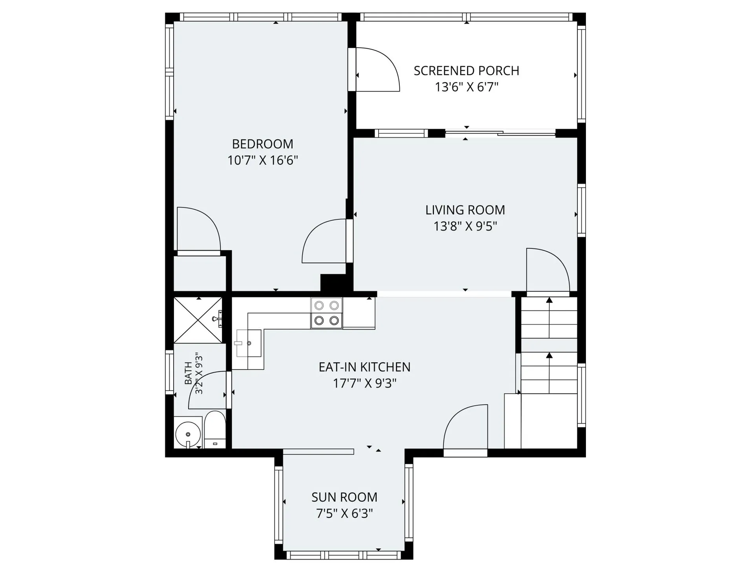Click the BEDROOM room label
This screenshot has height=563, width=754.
pos(262,144)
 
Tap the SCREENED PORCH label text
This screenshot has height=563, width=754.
pos(466,71)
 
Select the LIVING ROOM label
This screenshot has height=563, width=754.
pos(465,210)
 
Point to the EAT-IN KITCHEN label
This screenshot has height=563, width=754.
pos(364,367)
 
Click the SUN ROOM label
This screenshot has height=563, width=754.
pos(344,497)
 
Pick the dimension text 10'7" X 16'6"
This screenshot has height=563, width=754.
pos(263,160)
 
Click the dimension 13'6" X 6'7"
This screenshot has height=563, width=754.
pos(467,87)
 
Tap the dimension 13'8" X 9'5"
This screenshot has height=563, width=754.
pos(465,226)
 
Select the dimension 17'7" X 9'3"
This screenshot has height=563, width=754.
pos(364,383)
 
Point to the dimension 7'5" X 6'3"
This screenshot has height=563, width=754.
pos(344,513)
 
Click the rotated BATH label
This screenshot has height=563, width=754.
pos(188,373)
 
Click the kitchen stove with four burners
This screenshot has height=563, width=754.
pos(326,313)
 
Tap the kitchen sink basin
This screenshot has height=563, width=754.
pos(249,343)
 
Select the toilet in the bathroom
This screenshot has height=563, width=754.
pos(215,429)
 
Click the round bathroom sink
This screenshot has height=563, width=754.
pos(188,434)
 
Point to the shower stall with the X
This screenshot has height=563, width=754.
pos(198,320)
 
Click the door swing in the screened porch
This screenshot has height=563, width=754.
pos(377,70)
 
